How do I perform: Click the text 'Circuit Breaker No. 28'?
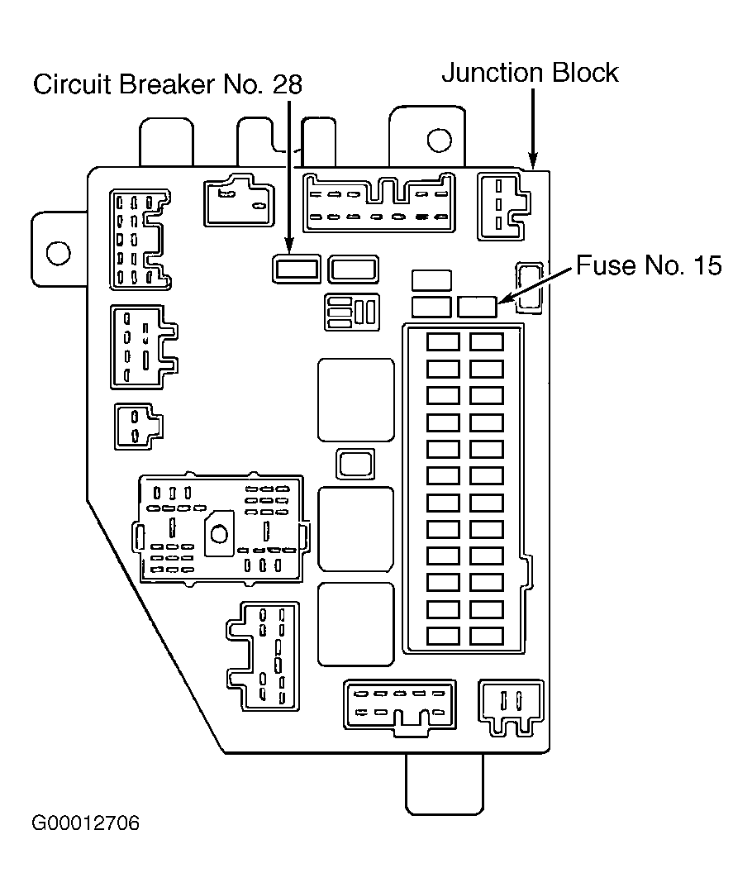pyautogui.click(x=168, y=85)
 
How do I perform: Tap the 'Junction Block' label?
pyautogui.click(x=531, y=73)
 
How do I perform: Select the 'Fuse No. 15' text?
pyautogui.click(x=649, y=265)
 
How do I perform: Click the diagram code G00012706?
pyautogui.click(x=85, y=823)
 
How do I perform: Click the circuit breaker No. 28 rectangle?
pyautogui.click(x=296, y=269)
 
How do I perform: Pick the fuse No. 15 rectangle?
pyautogui.click(x=478, y=308)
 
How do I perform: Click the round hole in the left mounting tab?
pyautogui.click(x=58, y=253)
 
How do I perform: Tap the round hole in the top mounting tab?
pyautogui.click(x=439, y=140)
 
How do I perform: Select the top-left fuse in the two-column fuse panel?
pyautogui.click(x=443, y=342)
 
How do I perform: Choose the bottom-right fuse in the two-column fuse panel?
pyautogui.click(x=487, y=636)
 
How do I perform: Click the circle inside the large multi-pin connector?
pyautogui.click(x=219, y=534)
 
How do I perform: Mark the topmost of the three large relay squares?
pyautogui.click(x=356, y=400)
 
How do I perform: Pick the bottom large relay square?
pyautogui.click(x=356, y=624)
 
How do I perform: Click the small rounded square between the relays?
pyautogui.click(x=355, y=464)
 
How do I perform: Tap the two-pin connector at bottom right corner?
pyautogui.click(x=511, y=708)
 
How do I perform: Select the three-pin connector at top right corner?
pyautogui.click(x=503, y=206)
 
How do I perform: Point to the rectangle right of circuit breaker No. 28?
pyautogui.click(x=354, y=269)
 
